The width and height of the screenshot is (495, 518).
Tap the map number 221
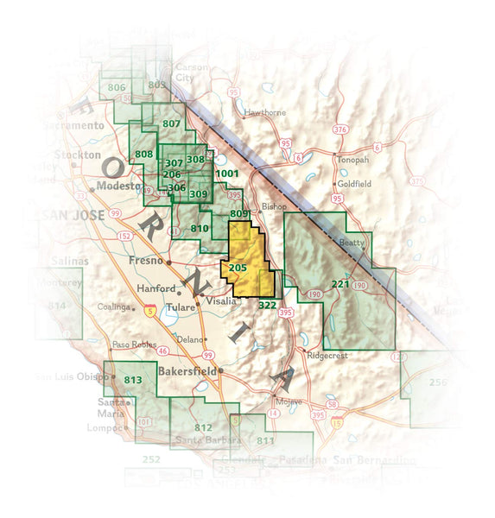click(340, 283)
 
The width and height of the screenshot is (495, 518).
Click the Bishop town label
click(272, 207)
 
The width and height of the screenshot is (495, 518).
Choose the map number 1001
click(227, 174)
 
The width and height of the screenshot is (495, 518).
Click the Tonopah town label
click(352, 160)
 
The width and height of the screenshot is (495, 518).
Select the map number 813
click(132, 379)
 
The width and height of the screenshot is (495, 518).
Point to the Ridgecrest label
click(328, 355)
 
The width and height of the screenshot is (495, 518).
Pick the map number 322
click(267, 306)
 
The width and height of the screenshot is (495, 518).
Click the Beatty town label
click(352, 243)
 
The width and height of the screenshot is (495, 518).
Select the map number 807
click(171, 124)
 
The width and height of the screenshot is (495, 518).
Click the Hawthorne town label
click(263, 113)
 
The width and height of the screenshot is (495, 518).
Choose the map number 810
click(200, 228)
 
